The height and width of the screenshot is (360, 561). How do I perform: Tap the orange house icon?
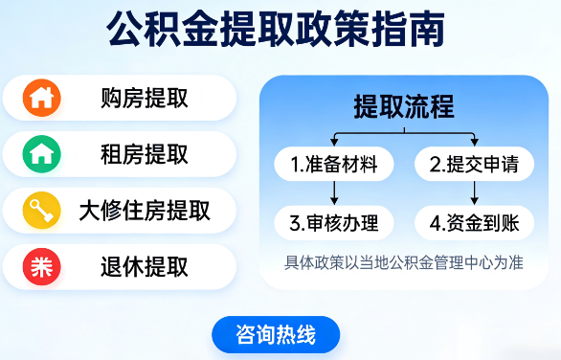(x=41, y=98)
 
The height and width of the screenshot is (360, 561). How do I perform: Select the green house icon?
(x=41, y=153)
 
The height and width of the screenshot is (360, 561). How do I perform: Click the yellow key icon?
(x=41, y=209)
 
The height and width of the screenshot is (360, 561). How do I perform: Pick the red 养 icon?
(x=41, y=266)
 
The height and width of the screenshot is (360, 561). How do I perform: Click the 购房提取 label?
(x=145, y=98)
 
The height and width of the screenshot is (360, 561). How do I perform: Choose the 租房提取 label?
(x=145, y=153)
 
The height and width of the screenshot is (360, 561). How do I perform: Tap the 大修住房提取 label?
(x=145, y=209)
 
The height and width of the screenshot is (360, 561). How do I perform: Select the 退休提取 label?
(x=145, y=266)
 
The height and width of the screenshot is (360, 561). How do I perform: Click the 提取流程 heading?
(x=403, y=105)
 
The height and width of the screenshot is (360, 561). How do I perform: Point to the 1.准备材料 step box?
(x=333, y=165)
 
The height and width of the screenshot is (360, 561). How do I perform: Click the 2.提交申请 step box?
(x=474, y=165)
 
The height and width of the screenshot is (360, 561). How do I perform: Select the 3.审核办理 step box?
(x=333, y=224)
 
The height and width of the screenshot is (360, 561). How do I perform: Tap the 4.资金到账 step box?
(x=474, y=224)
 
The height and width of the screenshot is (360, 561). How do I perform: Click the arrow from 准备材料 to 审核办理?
(x=333, y=194)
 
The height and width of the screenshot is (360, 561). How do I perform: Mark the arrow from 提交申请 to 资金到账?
(x=474, y=194)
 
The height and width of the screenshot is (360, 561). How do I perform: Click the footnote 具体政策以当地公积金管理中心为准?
(x=403, y=261)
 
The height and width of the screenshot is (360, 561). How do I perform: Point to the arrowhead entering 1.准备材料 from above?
(x=333, y=142)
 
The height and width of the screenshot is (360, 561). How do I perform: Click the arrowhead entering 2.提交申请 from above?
(x=474, y=142)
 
